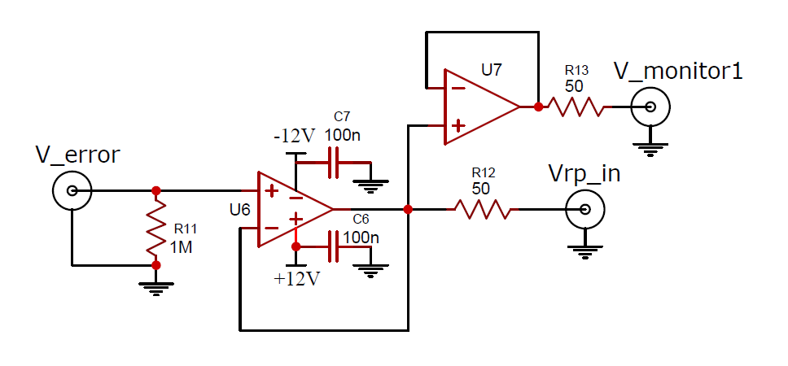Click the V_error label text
[77, 155]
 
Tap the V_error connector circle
[72, 191]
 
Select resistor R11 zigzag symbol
[156, 228]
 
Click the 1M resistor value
[181, 247]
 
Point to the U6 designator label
[239, 210]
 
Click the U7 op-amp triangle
[481, 107]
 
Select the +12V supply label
[296, 279]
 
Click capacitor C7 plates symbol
[334, 163]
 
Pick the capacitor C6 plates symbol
[334, 246]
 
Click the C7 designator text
[342, 117]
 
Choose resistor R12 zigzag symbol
[482, 209]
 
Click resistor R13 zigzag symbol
[576, 107]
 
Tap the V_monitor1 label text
[678, 72]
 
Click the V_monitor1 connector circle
[650, 107]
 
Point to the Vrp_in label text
[584, 174]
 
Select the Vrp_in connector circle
[585, 209]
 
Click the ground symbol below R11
[156, 288]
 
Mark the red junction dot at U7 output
[538, 107]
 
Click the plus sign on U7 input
[457, 125]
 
